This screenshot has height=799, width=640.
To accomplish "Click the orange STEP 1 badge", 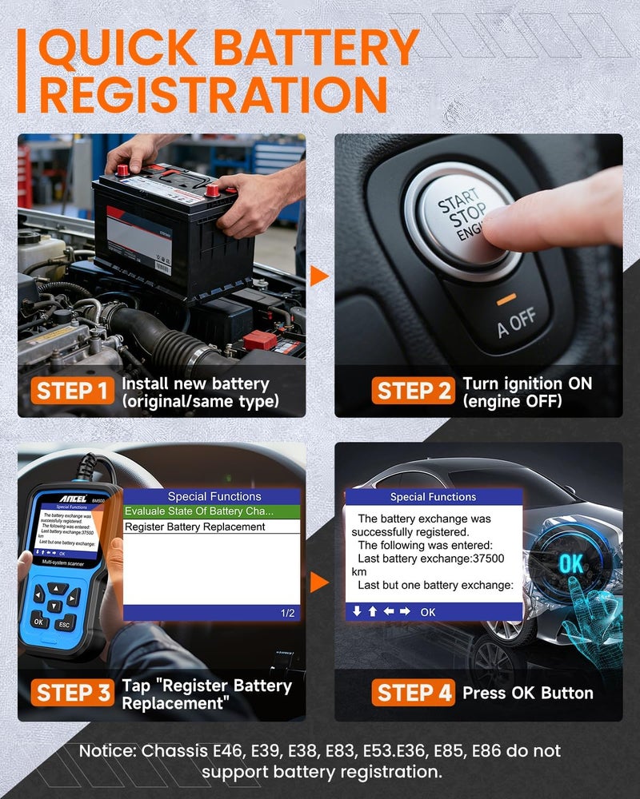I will coord(73,392).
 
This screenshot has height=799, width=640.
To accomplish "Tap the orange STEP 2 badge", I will coord(414,392).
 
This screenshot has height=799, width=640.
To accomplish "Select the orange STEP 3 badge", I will coord(73,693).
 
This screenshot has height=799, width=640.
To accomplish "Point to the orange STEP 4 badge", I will coord(414,693).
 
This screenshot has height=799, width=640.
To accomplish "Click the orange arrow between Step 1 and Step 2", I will coord(319,276).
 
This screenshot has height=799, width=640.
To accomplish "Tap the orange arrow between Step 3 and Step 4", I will coord(319,582).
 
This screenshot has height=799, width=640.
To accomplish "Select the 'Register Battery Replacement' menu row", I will coord(195,527).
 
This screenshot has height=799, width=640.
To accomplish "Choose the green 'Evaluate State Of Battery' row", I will coord(199,511).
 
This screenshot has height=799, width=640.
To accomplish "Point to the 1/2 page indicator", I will coord(287,613).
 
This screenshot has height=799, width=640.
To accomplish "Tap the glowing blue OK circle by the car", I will coord(570,562).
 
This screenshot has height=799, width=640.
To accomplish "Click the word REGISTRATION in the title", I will coord(213,95).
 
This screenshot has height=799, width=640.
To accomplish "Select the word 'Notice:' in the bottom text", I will coord(108,752).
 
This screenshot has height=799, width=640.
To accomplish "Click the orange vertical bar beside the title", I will coord(22,72).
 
